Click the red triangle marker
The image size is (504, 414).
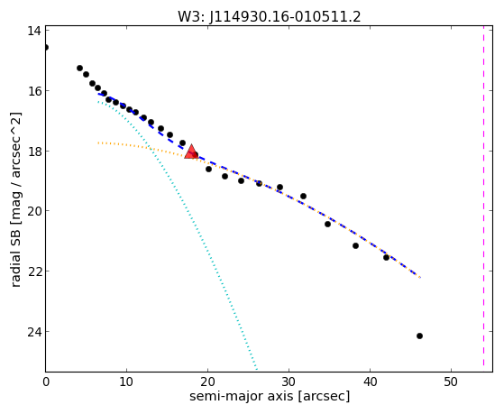click(191, 152)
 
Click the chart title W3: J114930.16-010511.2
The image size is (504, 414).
click(270, 16)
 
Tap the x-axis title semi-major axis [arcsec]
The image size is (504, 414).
click(270, 396)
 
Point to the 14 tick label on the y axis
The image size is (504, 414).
click(33, 31)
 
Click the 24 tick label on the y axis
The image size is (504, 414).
click(33, 332)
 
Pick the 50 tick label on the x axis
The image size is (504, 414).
click(451, 382)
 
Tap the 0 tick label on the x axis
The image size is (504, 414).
click(46, 382)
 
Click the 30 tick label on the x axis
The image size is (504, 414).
click(289, 382)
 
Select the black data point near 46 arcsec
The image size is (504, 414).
click(419, 336)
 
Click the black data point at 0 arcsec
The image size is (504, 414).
click(46, 47)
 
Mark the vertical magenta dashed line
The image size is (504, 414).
click(483, 198)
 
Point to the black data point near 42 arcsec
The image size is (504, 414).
click(386, 257)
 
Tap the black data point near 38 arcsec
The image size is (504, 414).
click(355, 245)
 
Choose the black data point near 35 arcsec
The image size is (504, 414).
click(327, 224)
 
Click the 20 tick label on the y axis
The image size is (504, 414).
click(33, 211)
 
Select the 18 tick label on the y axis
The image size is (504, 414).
click(33, 152)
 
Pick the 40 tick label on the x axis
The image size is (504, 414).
click(370, 382)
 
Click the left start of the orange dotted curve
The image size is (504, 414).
click(98, 143)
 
